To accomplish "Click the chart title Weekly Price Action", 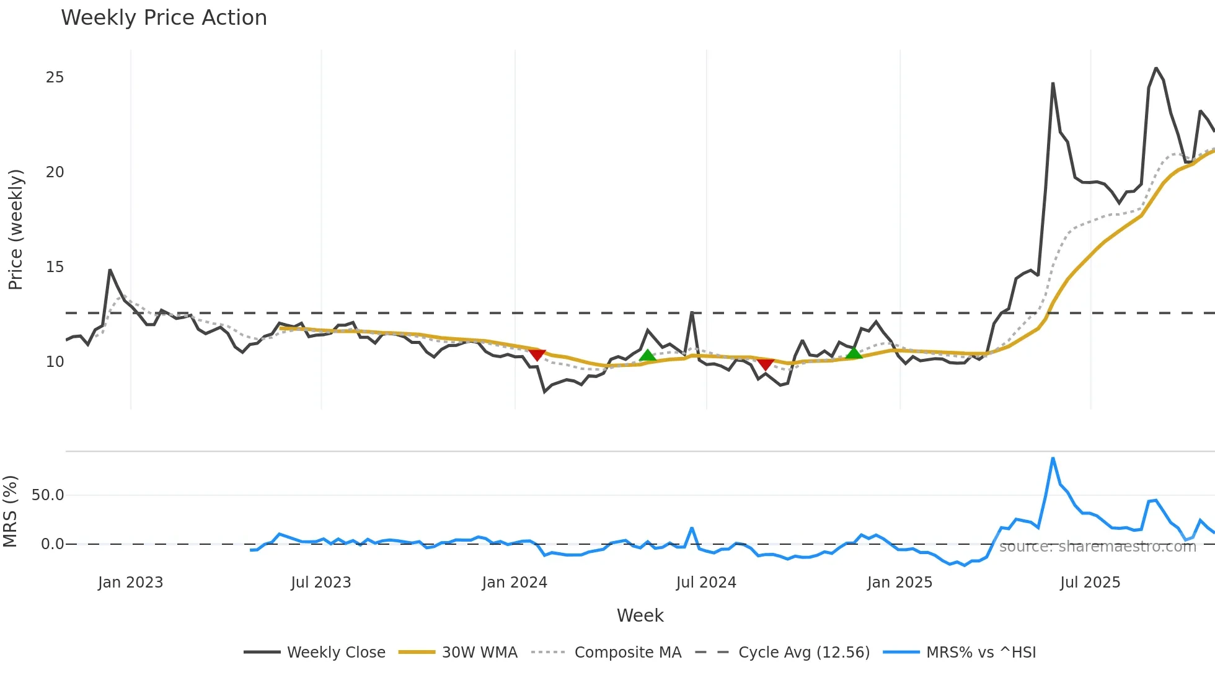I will coord(164,18).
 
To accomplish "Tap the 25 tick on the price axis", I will coord(55,77).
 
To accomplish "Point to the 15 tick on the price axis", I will coord(55,267).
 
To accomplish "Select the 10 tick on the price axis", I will coord(55,362).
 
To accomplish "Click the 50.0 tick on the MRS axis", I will coord(48,495).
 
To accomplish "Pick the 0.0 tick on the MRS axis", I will coord(52,544).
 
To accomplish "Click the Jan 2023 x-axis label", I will coord(130,583).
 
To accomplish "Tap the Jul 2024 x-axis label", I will coord(706,583).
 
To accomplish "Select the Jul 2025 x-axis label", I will coord(1090,583).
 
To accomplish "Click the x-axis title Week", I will coord(640,615).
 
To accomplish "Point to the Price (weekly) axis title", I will coord(15,229).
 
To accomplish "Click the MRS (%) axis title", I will coord(10,511).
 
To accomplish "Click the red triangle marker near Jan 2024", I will coord(537,355).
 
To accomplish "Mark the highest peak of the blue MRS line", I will coord(1053,459).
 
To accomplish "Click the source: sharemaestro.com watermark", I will coord(1097,547).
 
